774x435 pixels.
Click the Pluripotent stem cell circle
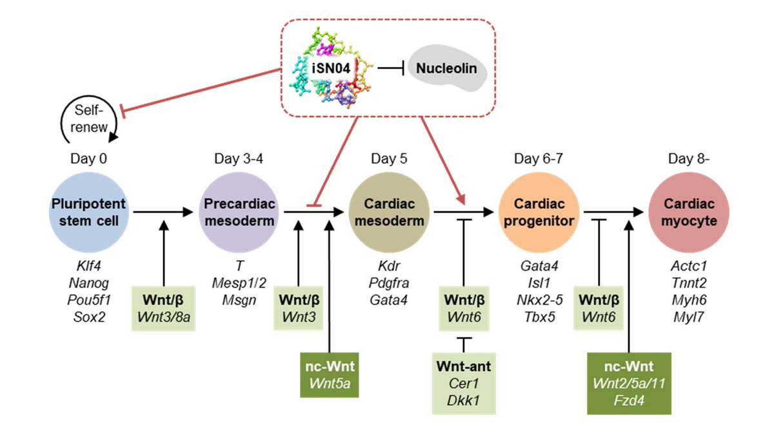[89, 212]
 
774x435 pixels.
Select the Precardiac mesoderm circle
[239, 212]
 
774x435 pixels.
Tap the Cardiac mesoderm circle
[389, 212]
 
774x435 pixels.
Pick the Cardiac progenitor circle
[539, 212]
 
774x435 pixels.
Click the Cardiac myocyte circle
[689, 212]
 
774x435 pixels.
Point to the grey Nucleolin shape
[447, 68]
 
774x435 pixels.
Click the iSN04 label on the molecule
[331, 68]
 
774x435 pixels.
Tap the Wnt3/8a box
[163, 308]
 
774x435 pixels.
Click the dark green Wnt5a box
[330, 375]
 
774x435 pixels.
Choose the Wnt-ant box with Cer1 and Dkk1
[464, 383]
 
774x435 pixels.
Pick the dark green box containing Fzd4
[629, 383]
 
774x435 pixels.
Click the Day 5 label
[389, 159]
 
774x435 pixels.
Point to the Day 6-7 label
[539, 159]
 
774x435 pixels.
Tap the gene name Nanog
[89, 284]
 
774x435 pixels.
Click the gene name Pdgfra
[389, 284]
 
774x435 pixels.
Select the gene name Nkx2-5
[539, 300]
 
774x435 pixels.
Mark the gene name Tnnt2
[689, 283]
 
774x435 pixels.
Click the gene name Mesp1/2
[239, 284]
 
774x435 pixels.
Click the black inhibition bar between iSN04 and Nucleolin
[391, 68]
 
